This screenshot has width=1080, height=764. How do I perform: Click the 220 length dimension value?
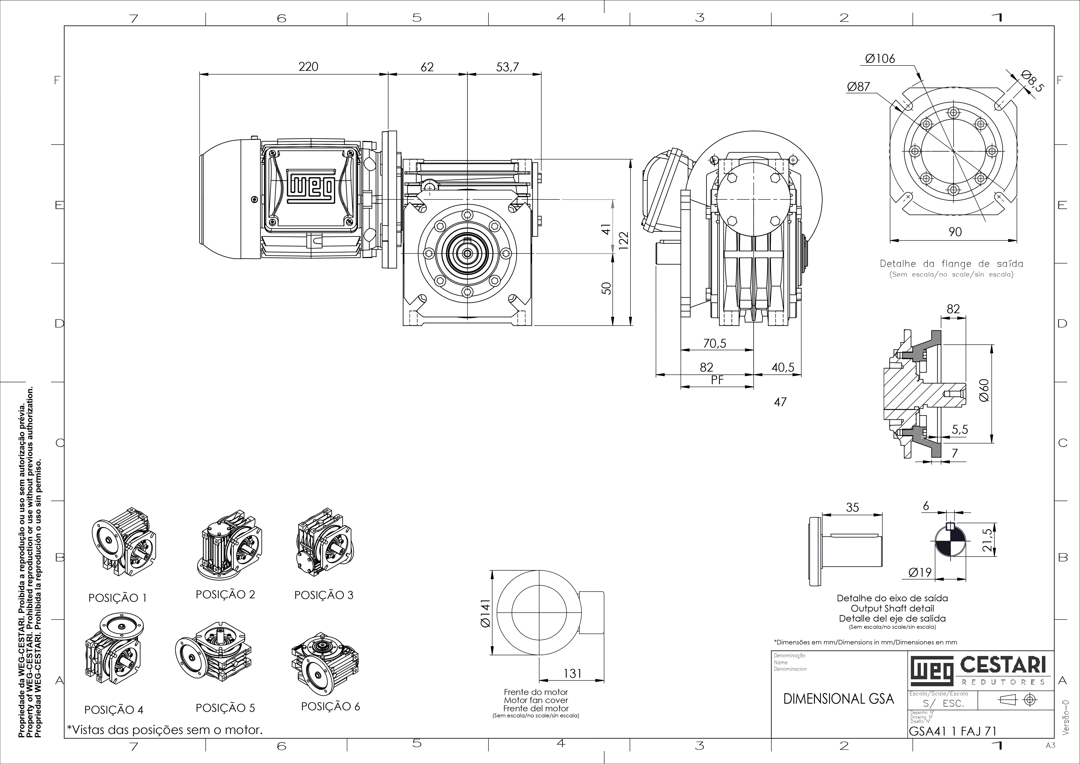pyautogui.click(x=308, y=67)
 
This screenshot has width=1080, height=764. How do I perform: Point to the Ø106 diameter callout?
pyautogui.click(x=880, y=59)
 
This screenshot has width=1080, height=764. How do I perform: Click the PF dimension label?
pyautogui.click(x=717, y=380)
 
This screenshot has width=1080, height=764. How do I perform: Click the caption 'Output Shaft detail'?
pyautogui.click(x=892, y=608)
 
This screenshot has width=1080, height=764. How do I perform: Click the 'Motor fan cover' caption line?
pyautogui.click(x=536, y=700)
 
